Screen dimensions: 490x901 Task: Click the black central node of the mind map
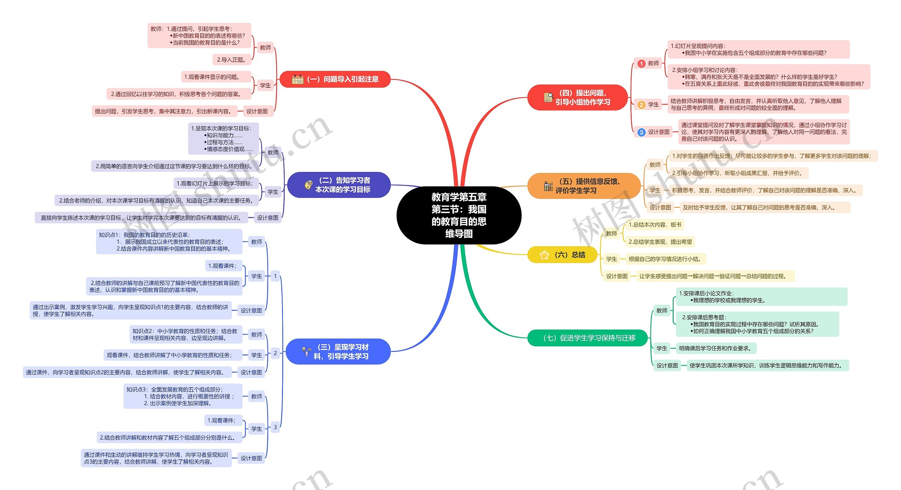tap(459, 215)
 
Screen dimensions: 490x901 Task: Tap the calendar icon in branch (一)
tap(297, 79)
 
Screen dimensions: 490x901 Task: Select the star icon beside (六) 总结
tap(544, 255)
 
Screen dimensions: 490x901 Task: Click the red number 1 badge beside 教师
tap(641, 63)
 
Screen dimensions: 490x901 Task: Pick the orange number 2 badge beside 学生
tap(641, 105)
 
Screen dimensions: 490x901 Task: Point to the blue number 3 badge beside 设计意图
tap(641, 132)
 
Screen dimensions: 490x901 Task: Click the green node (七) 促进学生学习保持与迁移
tap(589, 338)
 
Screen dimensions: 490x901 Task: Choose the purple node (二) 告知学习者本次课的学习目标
tap(339, 185)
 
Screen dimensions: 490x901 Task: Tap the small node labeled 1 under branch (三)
tap(275, 276)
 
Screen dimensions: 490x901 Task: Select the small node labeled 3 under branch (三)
tap(275, 427)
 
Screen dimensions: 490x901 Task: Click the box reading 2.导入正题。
tap(231, 60)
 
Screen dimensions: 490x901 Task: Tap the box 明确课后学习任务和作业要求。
tap(716, 348)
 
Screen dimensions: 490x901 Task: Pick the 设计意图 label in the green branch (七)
tap(667, 366)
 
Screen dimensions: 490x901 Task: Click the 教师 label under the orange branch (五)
tap(655, 165)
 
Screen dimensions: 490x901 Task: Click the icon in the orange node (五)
tap(548, 186)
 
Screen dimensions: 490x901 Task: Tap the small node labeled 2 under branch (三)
tap(275, 353)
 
